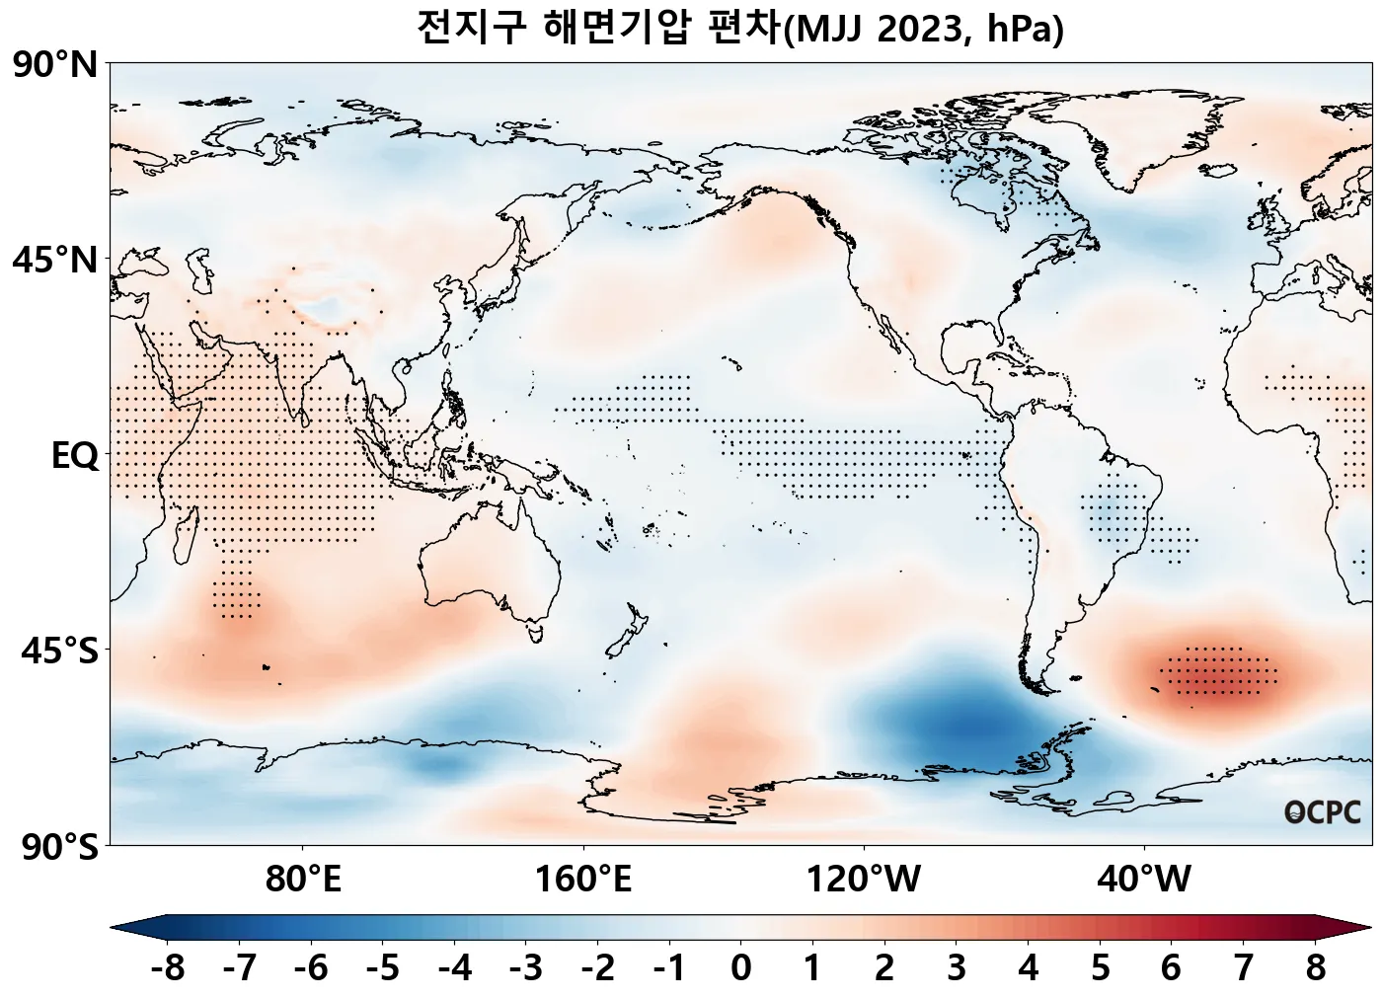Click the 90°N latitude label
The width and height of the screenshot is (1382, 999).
pyautogui.click(x=55, y=66)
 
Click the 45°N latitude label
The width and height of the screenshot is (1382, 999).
pyautogui.click(x=55, y=262)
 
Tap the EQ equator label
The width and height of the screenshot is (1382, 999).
pyautogui.click(x=74, y=457)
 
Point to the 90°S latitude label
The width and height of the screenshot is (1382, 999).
pyautogui.click(x=55, y=847)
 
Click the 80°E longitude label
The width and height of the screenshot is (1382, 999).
pyautogui.click(x=303, y=879)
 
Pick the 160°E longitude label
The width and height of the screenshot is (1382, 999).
pyautogui.click(x=583, y=879)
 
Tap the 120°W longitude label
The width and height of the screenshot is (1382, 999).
pyautogui.click(x=863, y=879)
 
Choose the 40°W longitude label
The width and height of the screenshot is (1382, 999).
pyautogui.click(x=1143, y=879)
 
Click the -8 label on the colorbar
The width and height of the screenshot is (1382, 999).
pyautogui.click(x=167, y=968)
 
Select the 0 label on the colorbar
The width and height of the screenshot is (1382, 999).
pyautogui.click(x=740, y=968)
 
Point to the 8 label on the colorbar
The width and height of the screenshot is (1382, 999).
pyautogui.click(x=1315, y=968)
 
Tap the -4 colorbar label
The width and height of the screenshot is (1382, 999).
pyautogui.click(x=454, y=968)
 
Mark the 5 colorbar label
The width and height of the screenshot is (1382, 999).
pyautogui.click(x=1100, y=968)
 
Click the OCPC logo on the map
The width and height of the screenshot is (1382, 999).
pyautogui.click(x=1323, y=812)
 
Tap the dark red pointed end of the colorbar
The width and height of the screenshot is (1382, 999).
pyautogui.click(x=1363, y=928)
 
